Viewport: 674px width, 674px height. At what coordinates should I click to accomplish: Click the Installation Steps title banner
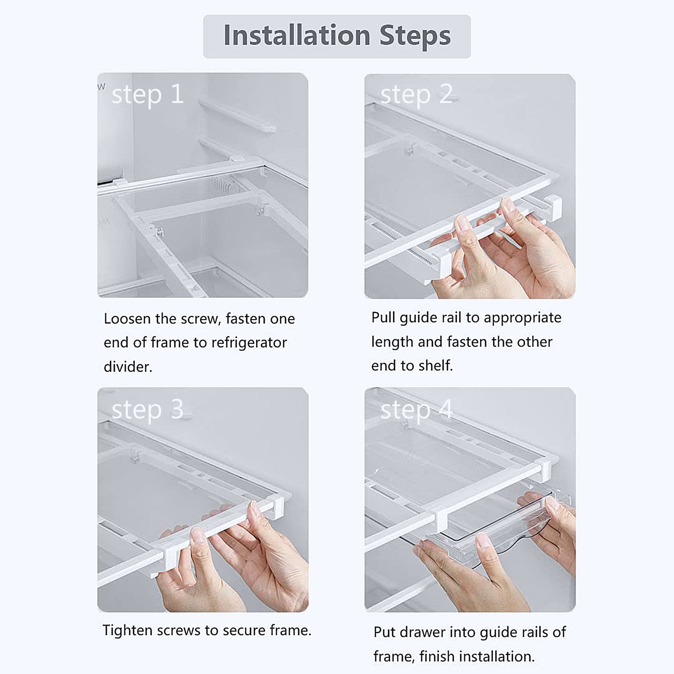point(337,36)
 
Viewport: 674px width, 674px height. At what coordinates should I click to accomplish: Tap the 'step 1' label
point(147,95)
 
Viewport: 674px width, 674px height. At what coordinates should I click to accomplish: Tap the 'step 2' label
point(416,95)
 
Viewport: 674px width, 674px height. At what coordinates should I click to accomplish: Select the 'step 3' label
point(147,410)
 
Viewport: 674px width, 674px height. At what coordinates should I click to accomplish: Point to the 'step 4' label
point(416,410)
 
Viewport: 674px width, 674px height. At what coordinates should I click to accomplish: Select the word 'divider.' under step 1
point(128,367)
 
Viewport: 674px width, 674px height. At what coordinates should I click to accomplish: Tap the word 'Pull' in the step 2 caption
point(383,318)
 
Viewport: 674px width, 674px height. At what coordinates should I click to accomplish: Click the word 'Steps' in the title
point(415,36)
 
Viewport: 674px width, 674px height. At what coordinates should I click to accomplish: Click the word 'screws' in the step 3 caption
point(179,631)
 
